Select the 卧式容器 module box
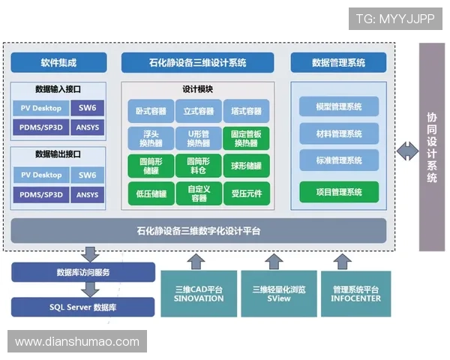pos(150,111)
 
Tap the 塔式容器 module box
pos(246,111)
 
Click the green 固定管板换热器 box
pos(246,138)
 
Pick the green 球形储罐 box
pos(246,166)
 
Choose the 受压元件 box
pos(246,193)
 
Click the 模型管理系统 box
pos(340,106)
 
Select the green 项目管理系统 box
pos(340,192)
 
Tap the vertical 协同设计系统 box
pos(432,147)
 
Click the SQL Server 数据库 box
pos(82,307)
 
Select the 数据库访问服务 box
pos(82,272)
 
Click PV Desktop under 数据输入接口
pos(41,108)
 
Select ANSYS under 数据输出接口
pos(88,195)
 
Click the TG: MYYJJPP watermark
pos(394,19)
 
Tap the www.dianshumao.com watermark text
pos(77,342)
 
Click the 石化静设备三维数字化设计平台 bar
pos(199,230)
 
